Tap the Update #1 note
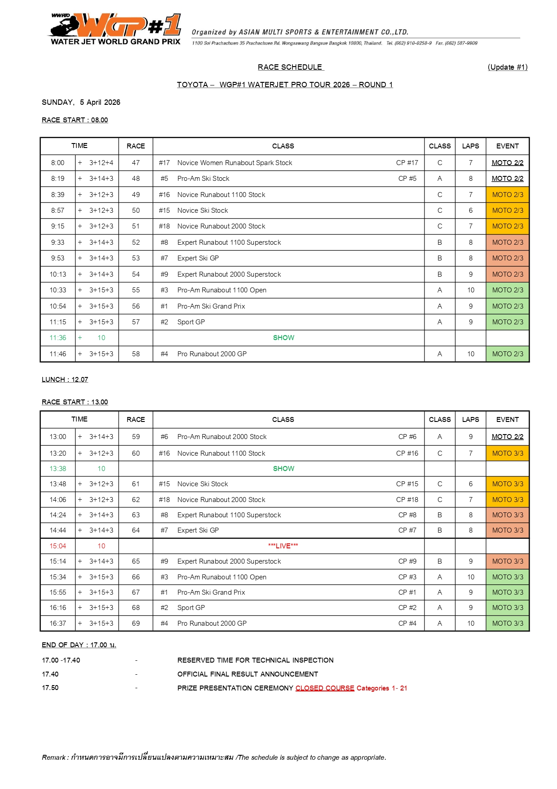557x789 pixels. (507, 67)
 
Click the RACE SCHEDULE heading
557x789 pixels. (290, 67)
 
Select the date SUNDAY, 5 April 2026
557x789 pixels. (81, 103)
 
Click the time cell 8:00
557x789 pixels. (57, 163)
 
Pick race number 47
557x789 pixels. (136, 163)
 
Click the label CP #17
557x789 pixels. (407, 163)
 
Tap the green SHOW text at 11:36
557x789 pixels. (283, 338)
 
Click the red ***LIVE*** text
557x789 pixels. (283, 546)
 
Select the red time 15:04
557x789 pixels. (57, 546)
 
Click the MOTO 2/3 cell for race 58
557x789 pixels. (508, 354)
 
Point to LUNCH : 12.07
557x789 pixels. (65, 380)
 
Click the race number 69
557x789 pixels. (136, 623)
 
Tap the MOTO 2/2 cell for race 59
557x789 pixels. (508, 437)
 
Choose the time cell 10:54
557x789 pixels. (57, 306)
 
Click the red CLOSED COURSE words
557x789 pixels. (325, 688)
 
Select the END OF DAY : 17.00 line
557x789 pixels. (79, 645)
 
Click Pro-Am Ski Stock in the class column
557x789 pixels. (203, 179)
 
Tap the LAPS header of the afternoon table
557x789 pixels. (470, 420)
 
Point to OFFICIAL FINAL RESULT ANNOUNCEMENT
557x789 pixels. (248, 674)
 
